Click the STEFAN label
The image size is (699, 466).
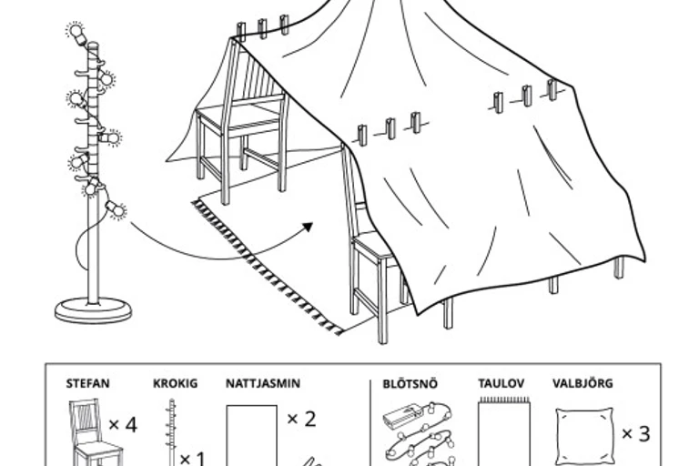(87, 384)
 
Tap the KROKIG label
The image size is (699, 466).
(175, 384)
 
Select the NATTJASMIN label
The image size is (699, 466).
(263, 384)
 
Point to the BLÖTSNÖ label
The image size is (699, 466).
(410, 384)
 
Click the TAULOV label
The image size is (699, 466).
(501, 384)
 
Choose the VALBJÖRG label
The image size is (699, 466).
(582, 384)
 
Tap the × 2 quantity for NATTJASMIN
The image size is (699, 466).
(301, 419)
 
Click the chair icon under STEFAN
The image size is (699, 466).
(91, 433)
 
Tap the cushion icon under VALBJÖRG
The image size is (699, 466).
(583, 436)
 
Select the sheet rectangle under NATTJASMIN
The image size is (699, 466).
(251, 436)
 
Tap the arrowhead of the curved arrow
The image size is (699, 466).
(307, 227)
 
